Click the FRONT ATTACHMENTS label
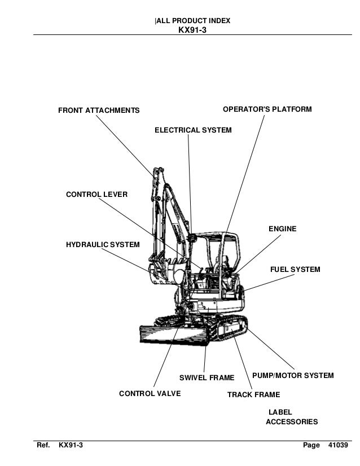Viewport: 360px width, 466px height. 99,110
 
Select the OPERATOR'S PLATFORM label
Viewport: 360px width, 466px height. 267,109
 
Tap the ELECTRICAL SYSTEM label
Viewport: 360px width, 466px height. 193,130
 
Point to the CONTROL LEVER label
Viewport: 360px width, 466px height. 96,195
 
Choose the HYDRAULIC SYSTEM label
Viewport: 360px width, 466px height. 103,245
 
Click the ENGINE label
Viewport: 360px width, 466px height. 282,229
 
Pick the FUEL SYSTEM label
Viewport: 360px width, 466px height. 295,270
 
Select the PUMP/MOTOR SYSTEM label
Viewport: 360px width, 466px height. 292,376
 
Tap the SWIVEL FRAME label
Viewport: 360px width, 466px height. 207,377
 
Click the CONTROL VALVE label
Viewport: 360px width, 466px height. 150,394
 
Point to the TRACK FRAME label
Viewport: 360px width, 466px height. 253,395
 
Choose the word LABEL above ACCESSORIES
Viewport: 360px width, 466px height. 280,412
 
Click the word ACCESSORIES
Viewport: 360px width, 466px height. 291,422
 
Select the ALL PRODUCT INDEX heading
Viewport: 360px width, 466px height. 192,21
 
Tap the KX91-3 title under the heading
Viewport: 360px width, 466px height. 192,30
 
